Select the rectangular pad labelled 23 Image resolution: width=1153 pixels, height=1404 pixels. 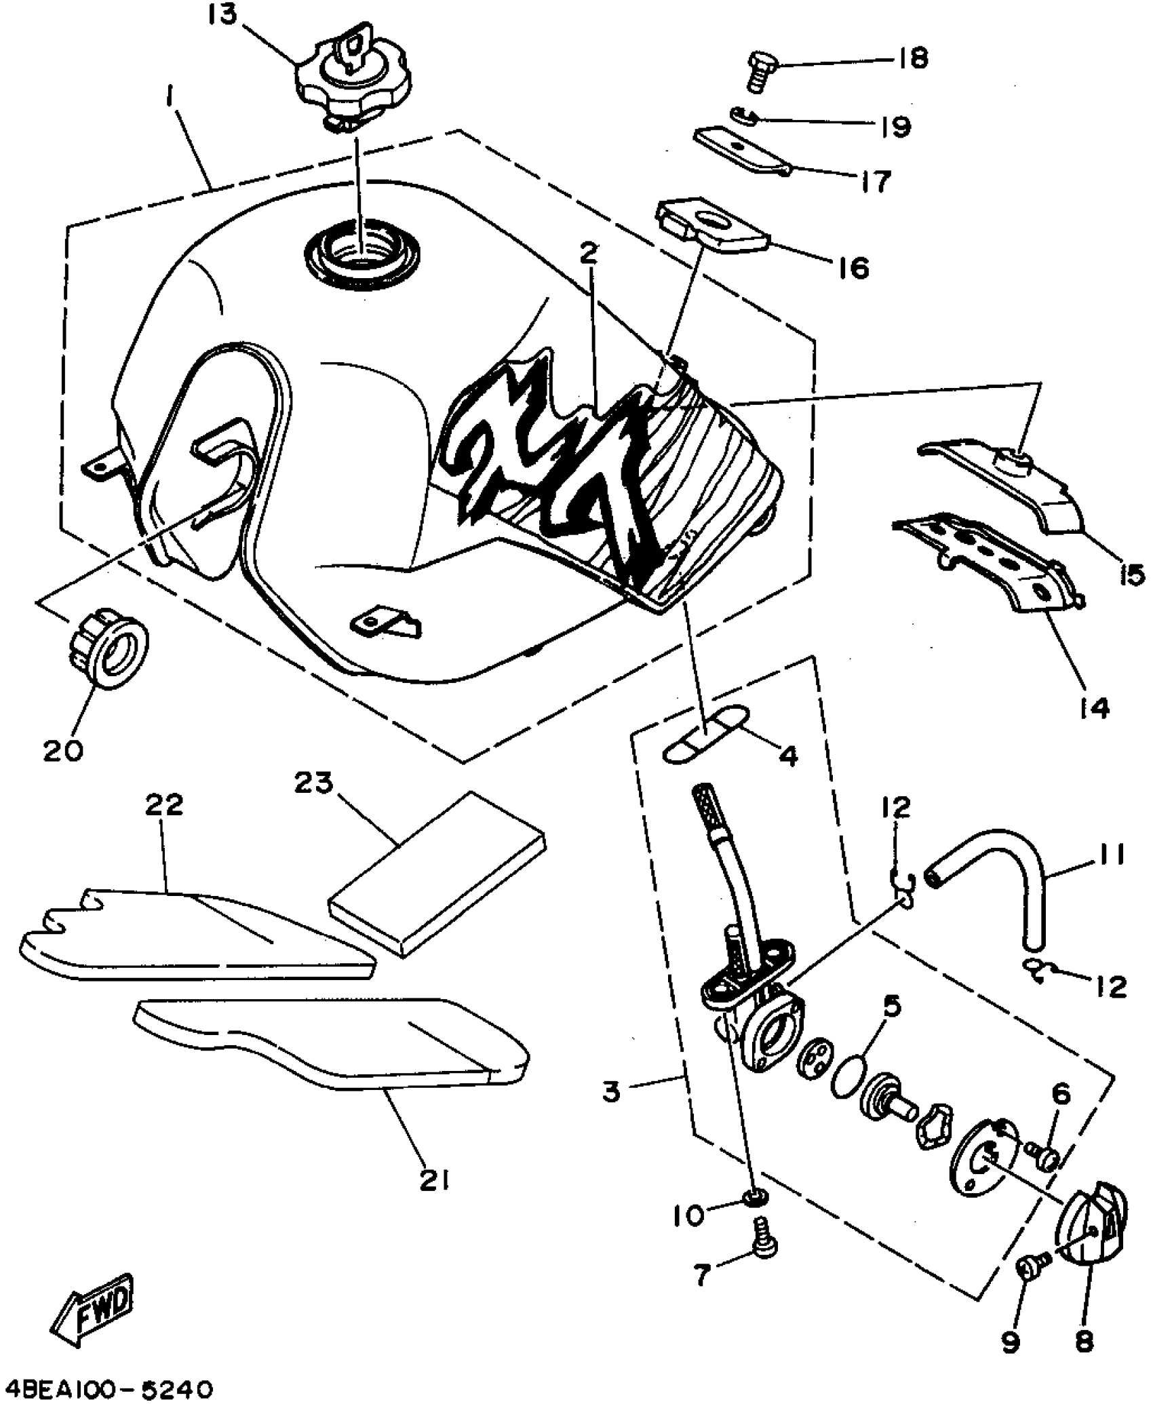[x=437, y=875]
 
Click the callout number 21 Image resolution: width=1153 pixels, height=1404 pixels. [x=435, y=1181]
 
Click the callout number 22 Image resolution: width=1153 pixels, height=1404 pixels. [x=164, y=804]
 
